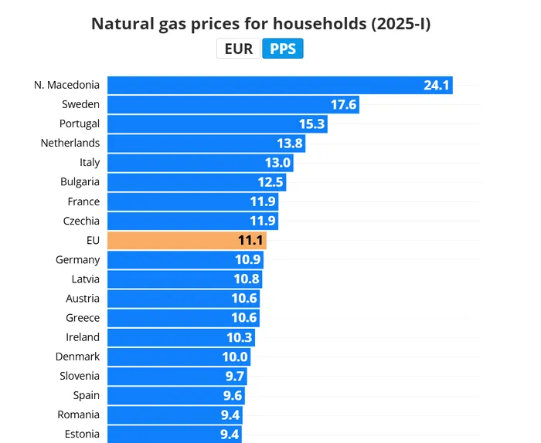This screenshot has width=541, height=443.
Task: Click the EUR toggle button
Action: tap(238, 49)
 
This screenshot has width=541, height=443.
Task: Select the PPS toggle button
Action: tap(283, 49)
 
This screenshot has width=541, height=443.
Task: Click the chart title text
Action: tap(260, 23)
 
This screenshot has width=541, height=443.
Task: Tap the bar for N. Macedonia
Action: tap(280, 85)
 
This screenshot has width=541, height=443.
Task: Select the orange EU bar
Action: tap(186, 241)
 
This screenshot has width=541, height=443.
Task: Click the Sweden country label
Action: tap(80, 104)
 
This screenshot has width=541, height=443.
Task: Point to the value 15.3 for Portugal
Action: tap(312, 123)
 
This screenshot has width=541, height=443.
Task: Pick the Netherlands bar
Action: tap(206, 143)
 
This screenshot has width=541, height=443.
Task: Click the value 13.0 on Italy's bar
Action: tap(278, 162)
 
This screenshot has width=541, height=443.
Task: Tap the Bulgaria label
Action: tap(80, 182)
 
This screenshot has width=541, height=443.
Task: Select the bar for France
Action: tap(192, 201)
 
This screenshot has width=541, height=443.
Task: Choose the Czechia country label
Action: tap(81, 221)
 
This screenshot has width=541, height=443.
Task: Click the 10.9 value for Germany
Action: tap(248, 260)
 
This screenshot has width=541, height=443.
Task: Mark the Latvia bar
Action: tap(184, 279)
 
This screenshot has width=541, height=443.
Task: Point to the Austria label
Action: tap(83, 299)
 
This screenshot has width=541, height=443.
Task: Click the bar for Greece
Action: tap(183, 318)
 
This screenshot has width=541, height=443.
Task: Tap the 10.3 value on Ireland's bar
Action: tap(240, 337)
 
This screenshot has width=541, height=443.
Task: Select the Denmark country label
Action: tap(77, 357)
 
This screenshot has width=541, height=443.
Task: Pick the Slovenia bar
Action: tap(177, 376)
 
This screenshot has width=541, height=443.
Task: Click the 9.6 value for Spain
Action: tap(233, 395)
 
